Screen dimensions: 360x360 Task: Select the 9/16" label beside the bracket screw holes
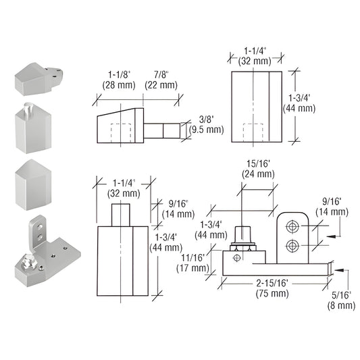(331, 205)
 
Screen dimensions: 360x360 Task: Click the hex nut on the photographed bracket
(30, 260)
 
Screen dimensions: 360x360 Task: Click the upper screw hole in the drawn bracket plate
(294, 224)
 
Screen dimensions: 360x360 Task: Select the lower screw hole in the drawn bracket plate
(294, 244)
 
